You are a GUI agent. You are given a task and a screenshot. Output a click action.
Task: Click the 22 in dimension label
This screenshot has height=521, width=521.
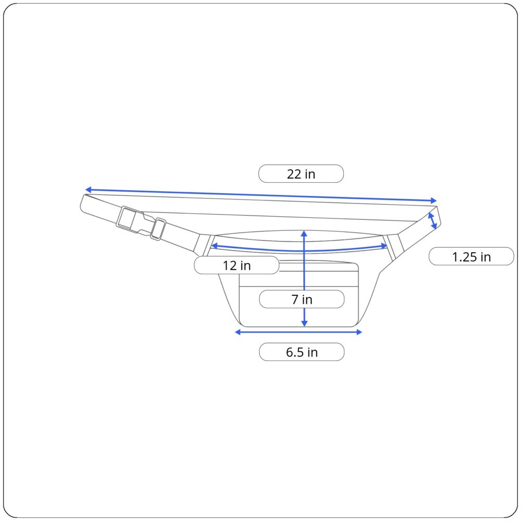click(x=301, y=174)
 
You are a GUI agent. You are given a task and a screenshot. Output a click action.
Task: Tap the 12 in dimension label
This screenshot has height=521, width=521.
click(x=237, y=265)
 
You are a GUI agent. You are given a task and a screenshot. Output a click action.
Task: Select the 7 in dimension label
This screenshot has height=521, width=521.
click(x=302, y=300)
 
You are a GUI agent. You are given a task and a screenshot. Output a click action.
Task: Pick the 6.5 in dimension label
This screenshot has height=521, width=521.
click(x=302, y=352)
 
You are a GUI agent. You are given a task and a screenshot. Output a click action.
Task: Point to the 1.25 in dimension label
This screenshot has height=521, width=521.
click(x=471, y=257)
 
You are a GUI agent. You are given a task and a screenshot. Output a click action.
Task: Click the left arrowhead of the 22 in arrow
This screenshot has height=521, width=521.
click(x=88, y=190)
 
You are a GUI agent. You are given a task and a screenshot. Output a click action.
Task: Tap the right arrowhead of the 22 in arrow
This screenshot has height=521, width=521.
click(x=433, y=201)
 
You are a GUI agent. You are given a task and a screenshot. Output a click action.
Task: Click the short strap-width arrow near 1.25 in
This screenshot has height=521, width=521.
click(x=432, y=221)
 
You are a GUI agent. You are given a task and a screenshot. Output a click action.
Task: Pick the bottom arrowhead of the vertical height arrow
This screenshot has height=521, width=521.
click(x=304, y=323)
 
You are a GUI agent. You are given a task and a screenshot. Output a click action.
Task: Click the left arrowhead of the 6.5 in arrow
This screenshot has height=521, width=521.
click(x=239, y=332)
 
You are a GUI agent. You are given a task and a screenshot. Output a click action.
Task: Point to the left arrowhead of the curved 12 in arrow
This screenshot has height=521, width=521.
click(x=214, y=246)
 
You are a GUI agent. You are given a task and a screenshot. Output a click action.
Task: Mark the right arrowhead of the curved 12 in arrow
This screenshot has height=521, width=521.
click(x=384, y=245)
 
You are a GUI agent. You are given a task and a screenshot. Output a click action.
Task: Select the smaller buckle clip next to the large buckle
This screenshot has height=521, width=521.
click(x=158, y=229)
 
